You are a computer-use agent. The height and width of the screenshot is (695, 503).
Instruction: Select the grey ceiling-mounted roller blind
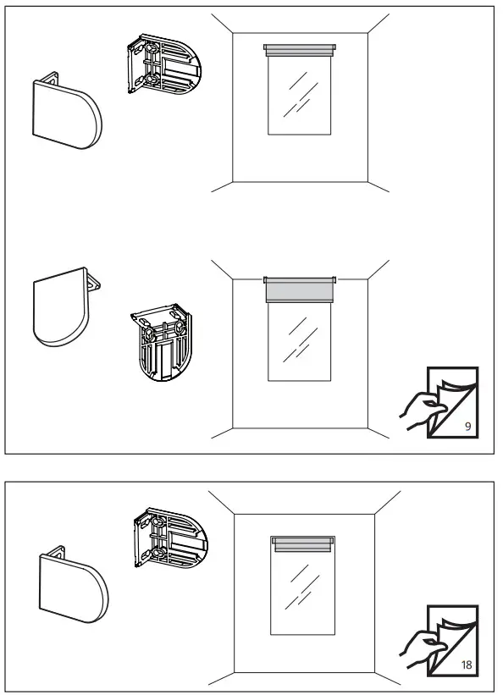tap(300, 290)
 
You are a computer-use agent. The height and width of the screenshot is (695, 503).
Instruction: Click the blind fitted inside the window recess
tap(301, 544)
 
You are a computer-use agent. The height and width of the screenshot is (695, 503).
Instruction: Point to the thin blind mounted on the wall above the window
tap(300, 50)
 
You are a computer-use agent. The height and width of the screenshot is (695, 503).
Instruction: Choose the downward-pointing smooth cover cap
tap(59, 310)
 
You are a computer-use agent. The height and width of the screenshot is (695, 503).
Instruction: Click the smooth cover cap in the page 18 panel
tap(71, 584)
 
